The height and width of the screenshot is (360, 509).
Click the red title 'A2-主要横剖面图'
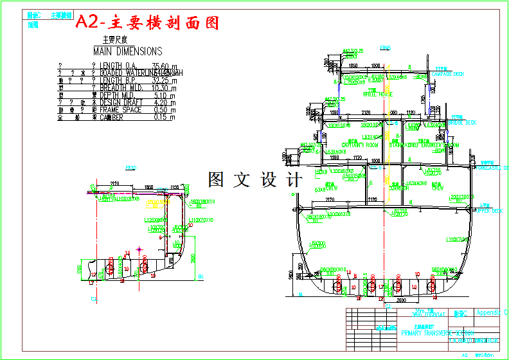[147, 22]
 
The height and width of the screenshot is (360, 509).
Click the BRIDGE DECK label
[462, 122]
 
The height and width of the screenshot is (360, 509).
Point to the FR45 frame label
[385, 48]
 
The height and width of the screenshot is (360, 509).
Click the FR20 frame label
[130, 168]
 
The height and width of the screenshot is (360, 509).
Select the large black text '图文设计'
[254, 180]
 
